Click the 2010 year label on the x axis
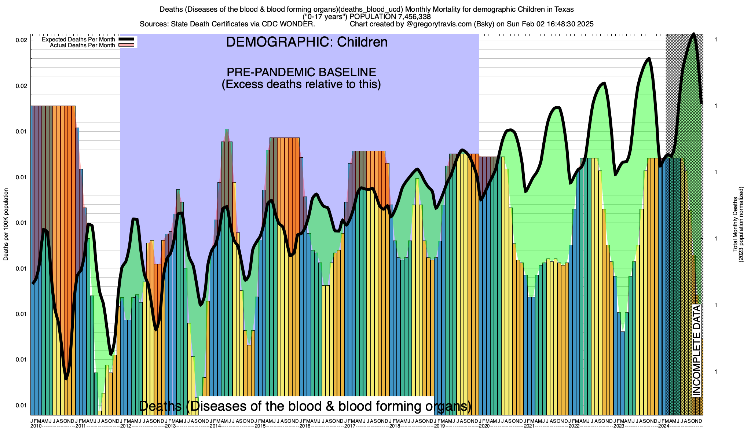[36, 426]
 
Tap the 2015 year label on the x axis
[260, 426]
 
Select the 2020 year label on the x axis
[484, 426]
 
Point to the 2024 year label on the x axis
[663, 426]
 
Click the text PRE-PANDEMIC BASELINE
[301, 72]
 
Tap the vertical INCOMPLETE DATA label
[696, 351]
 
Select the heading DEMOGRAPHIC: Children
[307, 42]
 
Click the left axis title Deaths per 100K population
[6, 224]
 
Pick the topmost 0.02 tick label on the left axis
[22, 40]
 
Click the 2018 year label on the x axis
[395, 426]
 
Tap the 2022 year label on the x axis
[574, 426]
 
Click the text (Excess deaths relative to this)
[301, 84]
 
